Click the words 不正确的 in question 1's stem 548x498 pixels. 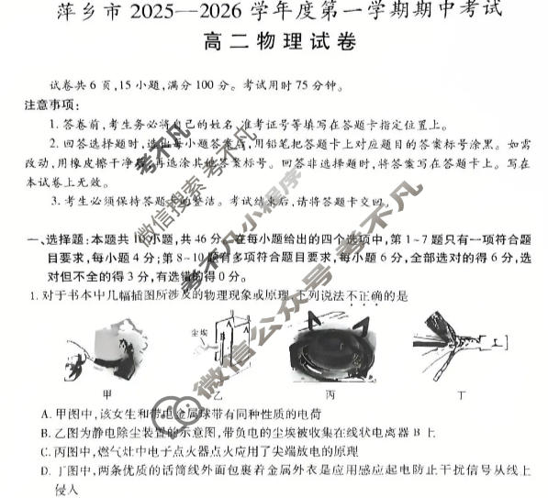point(368,295)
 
